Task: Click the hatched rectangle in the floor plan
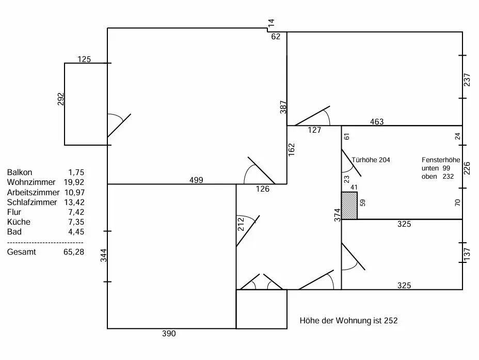tap(349, 206)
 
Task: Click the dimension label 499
tap(196, 180)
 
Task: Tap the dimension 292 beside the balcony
tap(60, 100)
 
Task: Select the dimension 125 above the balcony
tap(84, 59)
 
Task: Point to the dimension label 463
tap(377, 122)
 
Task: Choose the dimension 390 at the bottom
tap(169, 334)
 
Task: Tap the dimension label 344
tap(103, 256)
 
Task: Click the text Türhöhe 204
tap(371, 160)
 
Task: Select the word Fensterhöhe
tap(441, 160)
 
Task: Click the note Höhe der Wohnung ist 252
tap(349, 321)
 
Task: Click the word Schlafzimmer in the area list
tap(32, 202)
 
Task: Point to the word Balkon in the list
tap(20, 173)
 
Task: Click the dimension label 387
tap(283, 107)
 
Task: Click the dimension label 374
tap(337, 215)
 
